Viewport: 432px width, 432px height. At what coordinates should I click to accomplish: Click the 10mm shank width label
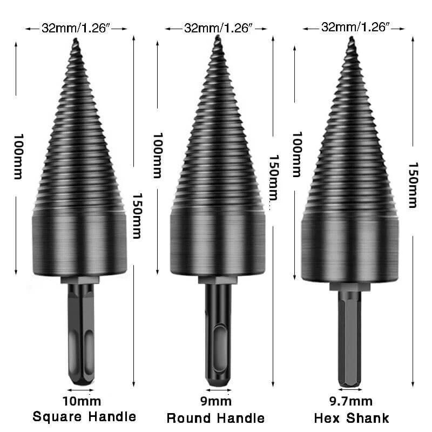pyautogui.click(x=82, y=401)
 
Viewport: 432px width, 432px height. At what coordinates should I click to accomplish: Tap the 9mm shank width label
pyautogui.click(x=216, y=401)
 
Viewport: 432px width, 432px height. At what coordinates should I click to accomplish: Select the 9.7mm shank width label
pyautogui.click(x=351, y=401)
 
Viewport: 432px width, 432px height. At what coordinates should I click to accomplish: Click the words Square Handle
pyautogui.click(x=84, y=416)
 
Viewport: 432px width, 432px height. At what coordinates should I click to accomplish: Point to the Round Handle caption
pyautogui.click(x=215, y=418)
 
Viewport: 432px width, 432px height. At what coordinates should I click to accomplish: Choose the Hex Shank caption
pyautogui.click(x=352, y=418)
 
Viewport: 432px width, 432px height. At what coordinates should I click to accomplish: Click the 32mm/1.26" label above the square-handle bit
pyautogui.click(x=76, y=28)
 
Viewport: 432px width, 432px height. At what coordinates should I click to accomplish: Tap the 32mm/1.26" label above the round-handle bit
pyautogui.click(x=218, y=28)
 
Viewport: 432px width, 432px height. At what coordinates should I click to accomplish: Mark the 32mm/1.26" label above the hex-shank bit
pyautogui.click(x=355, y=27)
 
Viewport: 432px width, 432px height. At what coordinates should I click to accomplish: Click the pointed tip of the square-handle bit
pyautogui.click(x=76, y=39)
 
